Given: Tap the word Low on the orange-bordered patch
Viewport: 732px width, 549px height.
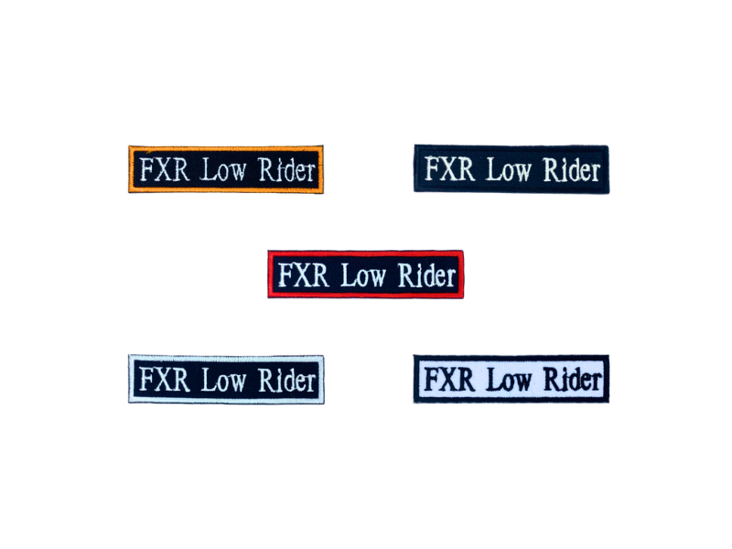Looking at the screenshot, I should (222, 170).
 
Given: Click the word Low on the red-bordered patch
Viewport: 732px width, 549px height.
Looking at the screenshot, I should (362, 274).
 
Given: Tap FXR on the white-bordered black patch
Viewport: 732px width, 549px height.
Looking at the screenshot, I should (165, 379).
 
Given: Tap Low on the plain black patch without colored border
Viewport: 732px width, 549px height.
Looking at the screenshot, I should (508, 169).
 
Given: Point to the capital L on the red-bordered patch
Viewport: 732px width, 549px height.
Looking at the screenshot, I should (348, 274).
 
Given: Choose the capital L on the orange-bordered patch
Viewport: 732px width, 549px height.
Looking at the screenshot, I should (208, 170).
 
